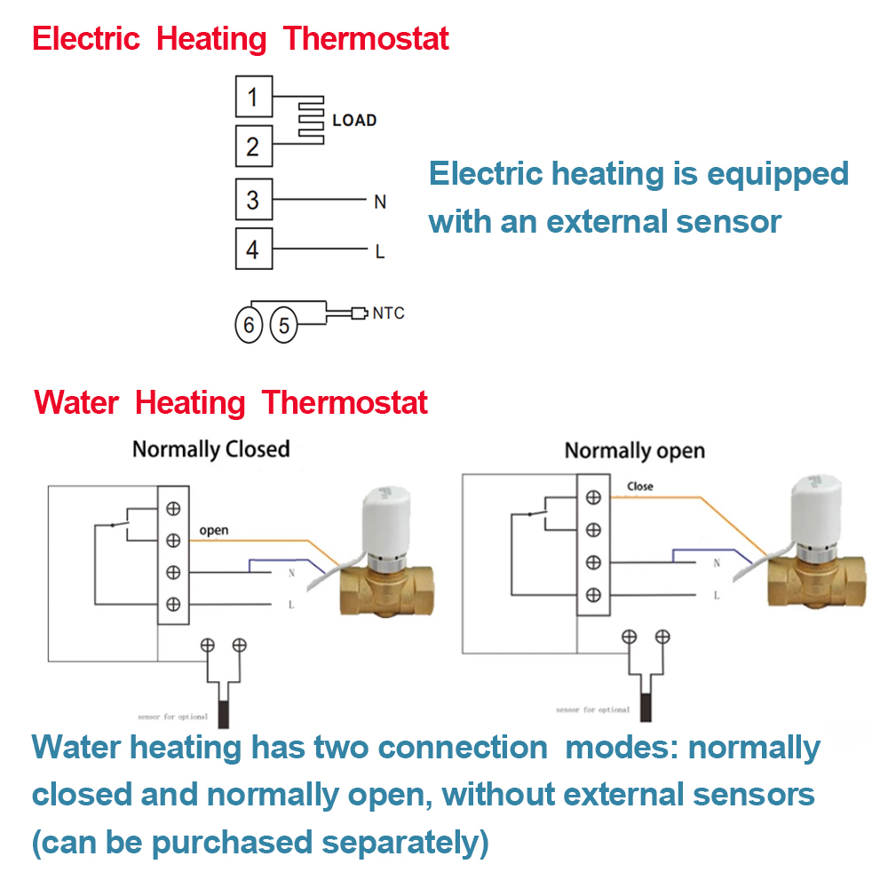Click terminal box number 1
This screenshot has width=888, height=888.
(253, 97)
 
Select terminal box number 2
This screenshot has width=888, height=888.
(253, 146)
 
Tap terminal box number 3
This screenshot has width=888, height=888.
(253, 200)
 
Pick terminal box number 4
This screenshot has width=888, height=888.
(253, 250)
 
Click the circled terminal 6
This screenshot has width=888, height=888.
(250, 326)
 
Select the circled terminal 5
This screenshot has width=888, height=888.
(283, 326)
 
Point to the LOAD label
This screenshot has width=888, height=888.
(354, 121)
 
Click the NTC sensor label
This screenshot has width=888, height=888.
(388, 313)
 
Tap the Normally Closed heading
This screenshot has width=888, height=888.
(211, 449)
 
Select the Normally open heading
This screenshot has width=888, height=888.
(634, 451)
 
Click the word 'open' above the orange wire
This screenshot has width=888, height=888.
(213, 531)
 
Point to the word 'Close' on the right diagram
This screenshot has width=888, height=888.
(639, 487)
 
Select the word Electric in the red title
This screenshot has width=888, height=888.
(86, 39)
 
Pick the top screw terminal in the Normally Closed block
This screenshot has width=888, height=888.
(173, 508)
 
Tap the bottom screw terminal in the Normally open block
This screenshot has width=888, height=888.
(593, 595)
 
